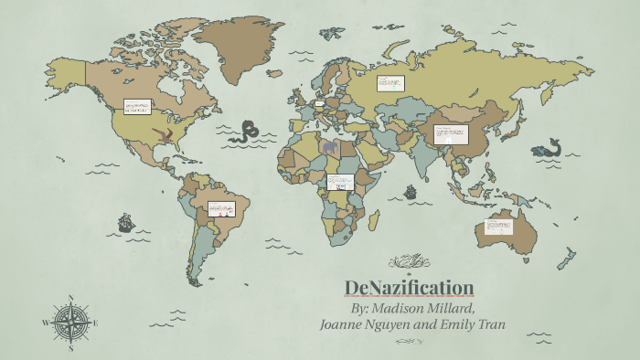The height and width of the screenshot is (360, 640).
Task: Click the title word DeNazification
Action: coord(409,288)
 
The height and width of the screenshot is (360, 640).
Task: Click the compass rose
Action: coord(70,322)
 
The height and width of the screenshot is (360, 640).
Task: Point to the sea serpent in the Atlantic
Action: coord(247,132)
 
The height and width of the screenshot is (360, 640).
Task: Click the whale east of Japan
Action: coord(548,148)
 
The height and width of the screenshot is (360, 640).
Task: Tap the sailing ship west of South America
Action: coord(125,222)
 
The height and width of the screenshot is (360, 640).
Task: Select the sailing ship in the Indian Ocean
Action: coord(411,193)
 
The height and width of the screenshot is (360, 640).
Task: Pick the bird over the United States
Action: coord(165,137)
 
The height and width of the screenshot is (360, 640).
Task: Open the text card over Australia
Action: coord(498,225)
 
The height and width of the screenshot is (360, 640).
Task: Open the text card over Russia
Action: coord(390,83)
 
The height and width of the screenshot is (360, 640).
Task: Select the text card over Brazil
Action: coord(221,209)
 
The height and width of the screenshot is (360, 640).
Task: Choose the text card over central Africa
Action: coord(340,181)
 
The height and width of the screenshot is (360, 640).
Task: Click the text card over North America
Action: coord(137,107)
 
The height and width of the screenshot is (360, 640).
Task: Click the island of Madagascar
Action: coord(374,219)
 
